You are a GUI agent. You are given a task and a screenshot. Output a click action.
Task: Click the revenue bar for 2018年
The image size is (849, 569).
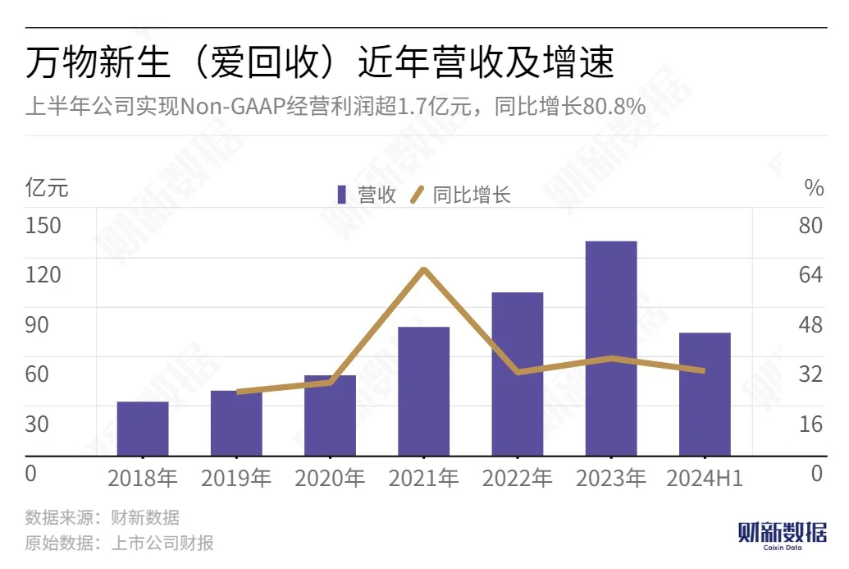(143, 429)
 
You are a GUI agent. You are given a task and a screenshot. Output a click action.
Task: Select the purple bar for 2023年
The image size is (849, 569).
(611, 348)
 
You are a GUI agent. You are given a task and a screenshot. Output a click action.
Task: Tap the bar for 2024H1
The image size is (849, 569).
(705, 394)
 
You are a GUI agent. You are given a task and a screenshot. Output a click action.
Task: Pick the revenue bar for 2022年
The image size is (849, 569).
(518, 374)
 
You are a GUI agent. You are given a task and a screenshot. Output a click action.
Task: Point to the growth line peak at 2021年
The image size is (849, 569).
(424, 268)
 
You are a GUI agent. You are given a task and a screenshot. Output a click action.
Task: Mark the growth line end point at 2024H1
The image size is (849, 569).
(703, 370)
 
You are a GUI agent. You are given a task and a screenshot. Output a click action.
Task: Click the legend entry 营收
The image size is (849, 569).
(367, 195)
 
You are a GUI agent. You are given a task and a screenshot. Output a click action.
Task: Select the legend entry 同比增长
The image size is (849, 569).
(461, 195)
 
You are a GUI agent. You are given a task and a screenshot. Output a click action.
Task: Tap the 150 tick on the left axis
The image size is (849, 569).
(43, 226)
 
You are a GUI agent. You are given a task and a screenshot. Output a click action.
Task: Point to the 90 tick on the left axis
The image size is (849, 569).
(37, 324)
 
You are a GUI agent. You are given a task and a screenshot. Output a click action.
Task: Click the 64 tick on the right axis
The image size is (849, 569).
(810, 275)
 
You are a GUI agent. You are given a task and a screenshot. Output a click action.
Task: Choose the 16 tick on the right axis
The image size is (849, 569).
(810, 424)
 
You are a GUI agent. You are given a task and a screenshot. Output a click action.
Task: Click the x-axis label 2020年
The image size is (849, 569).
(331, 478)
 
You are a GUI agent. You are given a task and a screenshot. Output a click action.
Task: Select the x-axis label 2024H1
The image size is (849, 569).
(705, 478)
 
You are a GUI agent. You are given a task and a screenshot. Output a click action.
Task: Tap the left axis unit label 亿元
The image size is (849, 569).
(47, 188)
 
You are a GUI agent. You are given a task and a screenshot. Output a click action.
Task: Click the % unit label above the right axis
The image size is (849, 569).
(814, 188)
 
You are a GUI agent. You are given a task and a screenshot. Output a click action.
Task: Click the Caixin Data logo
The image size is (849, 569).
(783, 536)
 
